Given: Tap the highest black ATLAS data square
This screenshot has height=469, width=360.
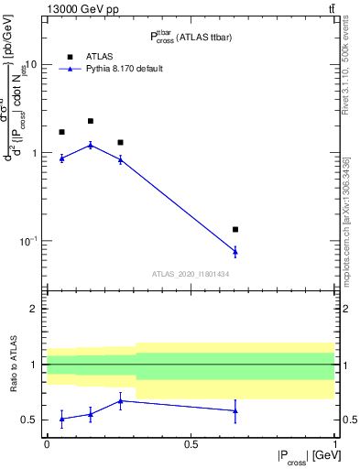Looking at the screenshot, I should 91,121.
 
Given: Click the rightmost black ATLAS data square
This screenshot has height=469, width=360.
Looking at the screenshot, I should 235,229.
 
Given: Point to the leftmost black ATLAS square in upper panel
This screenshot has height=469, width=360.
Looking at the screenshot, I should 61,132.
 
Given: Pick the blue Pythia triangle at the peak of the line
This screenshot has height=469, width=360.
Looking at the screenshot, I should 91,145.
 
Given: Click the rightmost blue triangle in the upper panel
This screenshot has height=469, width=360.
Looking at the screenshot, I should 235,251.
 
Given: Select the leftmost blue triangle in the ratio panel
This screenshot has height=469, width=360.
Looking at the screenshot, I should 61,419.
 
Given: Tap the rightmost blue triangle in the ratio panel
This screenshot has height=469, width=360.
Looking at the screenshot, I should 235,410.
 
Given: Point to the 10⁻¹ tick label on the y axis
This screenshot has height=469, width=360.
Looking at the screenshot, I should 28,241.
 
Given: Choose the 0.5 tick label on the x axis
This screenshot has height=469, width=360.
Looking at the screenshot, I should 191,444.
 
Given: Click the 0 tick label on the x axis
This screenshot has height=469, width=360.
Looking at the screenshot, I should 47,444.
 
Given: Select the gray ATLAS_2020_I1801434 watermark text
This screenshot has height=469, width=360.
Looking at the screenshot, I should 191,274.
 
